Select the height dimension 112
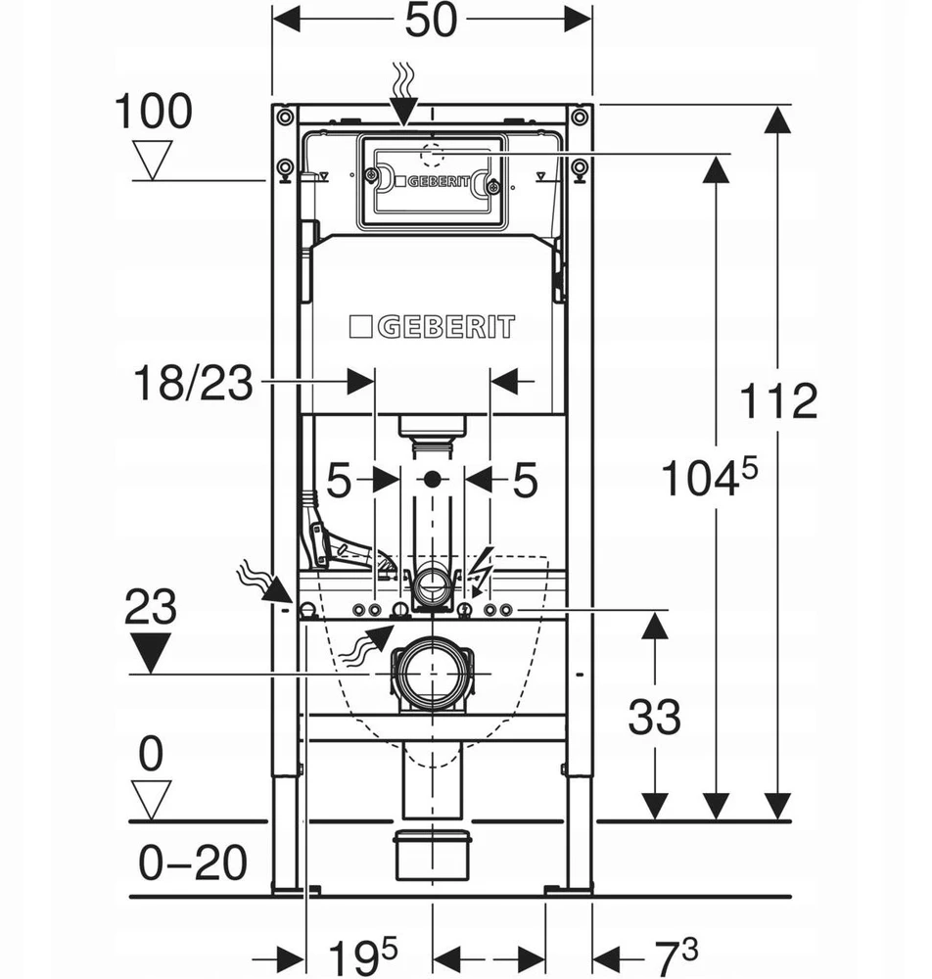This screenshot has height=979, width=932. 778,400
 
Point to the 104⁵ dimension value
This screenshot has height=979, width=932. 709,477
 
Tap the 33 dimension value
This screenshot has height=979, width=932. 654,717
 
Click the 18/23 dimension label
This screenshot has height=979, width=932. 194,383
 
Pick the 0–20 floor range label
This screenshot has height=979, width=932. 192,862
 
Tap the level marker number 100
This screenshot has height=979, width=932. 153,112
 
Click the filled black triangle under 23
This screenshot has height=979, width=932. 151,652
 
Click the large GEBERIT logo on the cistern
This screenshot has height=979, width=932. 432,327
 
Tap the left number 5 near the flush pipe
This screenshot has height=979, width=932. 339,481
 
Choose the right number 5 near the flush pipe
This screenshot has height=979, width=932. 525,481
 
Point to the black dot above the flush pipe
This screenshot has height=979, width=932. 432,480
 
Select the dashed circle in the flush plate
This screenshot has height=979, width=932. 432,155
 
